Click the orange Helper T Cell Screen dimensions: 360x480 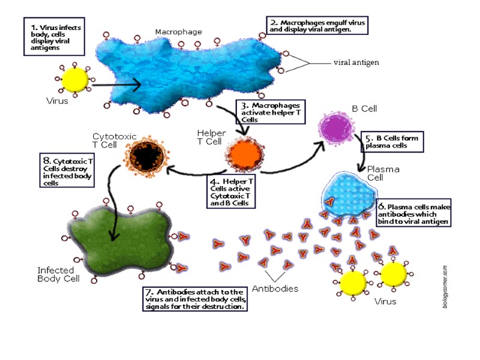243,154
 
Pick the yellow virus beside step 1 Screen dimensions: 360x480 76,80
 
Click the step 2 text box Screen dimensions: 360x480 316,26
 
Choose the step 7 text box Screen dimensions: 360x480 196,299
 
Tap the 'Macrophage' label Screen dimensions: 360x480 178,32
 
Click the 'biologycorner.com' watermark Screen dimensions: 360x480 445,287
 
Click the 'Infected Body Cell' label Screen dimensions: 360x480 59,274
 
